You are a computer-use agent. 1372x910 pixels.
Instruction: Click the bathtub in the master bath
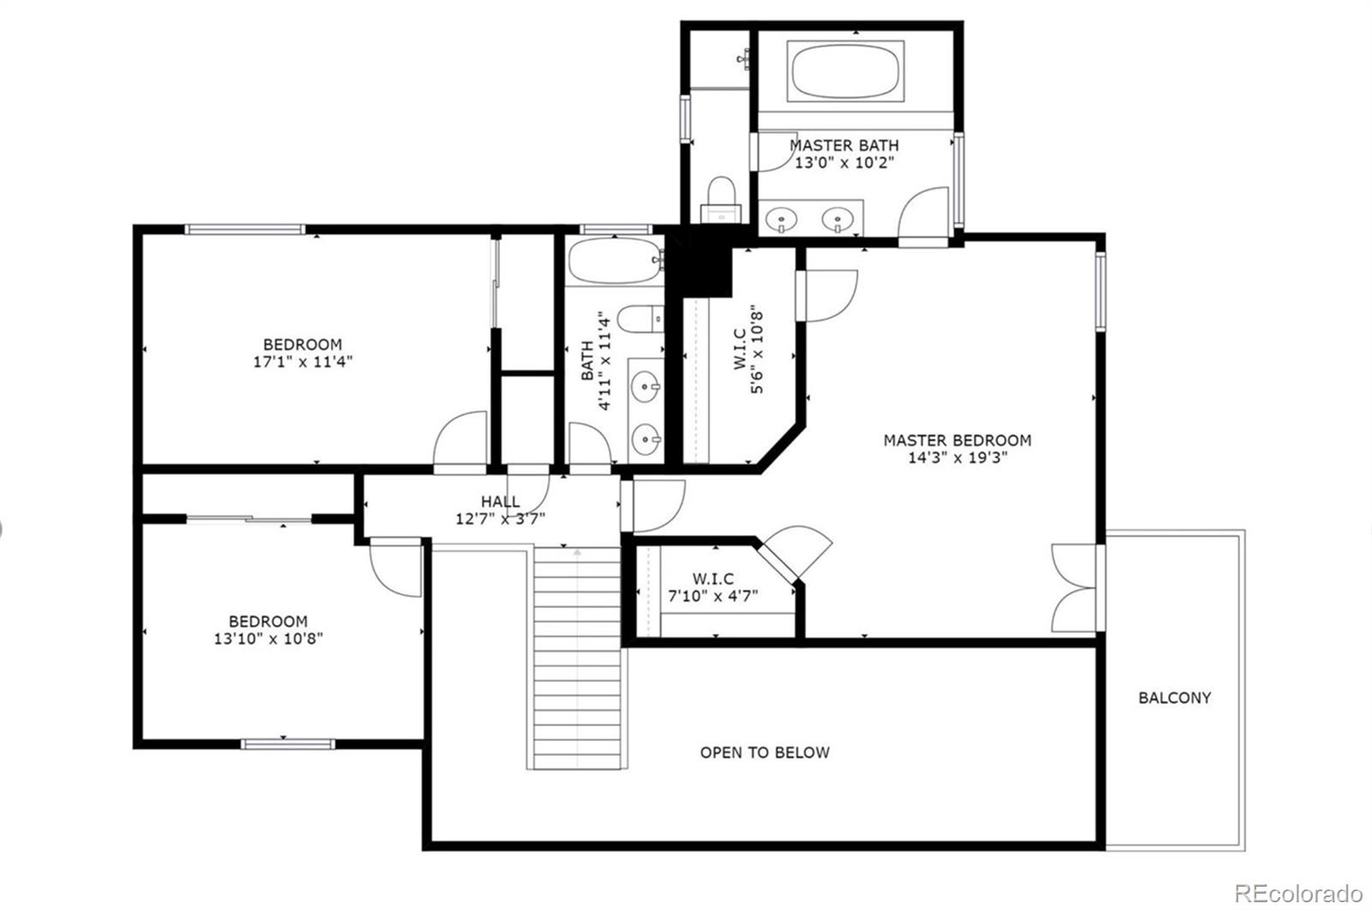pos(845,72)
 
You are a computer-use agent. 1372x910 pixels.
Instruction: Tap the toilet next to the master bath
pos(720,198)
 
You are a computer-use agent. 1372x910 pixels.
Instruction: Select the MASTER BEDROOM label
pos(957,440)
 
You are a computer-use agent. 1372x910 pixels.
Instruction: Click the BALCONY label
pos(1174,698)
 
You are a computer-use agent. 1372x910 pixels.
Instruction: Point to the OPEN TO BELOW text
pos(765,753)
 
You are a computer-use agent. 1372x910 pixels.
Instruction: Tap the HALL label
pos(500,502)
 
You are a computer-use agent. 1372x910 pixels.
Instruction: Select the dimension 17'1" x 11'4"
pos(303,362)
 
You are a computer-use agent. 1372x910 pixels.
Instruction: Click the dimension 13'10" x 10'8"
pos(268,639)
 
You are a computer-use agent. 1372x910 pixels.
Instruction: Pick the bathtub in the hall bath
pos(614,261)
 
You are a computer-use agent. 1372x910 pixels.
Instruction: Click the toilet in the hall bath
pos(641,319)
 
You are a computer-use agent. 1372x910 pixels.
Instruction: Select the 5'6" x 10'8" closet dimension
pos(758,350)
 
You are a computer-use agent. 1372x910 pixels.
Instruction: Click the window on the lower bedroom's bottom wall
pos(286,744)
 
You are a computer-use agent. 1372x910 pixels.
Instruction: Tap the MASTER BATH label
pos(844,146)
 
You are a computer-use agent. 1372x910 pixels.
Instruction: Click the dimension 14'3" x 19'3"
pos(957,458)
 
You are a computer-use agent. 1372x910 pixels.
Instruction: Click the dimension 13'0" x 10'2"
pos(844,163)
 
